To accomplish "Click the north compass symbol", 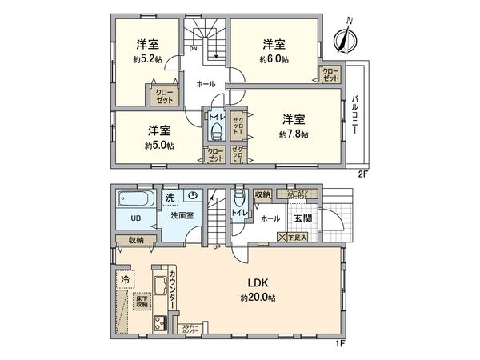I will [x=346, y=37].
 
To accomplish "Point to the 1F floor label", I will [x=339, y=343].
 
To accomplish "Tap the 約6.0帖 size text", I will [x=274, y=59].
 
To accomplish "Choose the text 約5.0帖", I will [x=159, y=146].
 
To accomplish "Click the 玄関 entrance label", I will [x=301, y=218].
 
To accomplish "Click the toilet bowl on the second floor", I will [x=214, y=130].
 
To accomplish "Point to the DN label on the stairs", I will [x=193, y=49].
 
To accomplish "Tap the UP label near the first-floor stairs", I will [x=217, y=246].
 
